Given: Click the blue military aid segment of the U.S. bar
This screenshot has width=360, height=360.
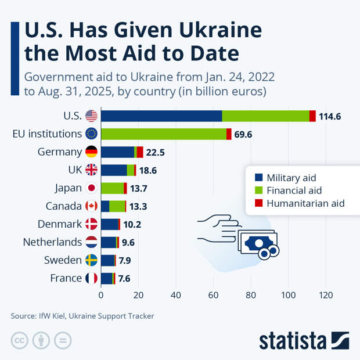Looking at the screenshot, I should (x=161, y=116).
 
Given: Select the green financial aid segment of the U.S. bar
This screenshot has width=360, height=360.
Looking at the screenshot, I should (x=265, y=116).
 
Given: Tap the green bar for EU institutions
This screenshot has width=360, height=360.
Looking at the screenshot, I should (x=163, y=134).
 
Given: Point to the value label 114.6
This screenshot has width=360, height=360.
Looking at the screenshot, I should (x=329, y=116).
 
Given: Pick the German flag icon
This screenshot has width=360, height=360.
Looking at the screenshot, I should (x=91, y=152).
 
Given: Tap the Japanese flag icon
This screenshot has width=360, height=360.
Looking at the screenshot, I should (x=91, y=188).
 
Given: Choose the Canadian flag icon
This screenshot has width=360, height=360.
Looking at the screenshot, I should (x=91, y=206).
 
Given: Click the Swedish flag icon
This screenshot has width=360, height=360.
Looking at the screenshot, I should (x=91, y=260).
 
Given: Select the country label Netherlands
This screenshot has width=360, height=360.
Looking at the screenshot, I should (x=52, y=242).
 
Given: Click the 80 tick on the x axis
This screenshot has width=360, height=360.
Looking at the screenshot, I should (x=251, y=294).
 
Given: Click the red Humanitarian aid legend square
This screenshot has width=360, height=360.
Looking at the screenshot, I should (x=259, y=203).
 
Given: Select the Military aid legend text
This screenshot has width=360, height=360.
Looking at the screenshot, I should (x=291, y=178).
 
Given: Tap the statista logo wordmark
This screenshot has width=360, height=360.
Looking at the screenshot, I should (x=294, y=340).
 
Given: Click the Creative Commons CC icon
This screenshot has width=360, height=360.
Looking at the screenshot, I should (x=20, y=340).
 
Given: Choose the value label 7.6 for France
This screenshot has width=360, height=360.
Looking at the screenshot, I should (x=124, y=279).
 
